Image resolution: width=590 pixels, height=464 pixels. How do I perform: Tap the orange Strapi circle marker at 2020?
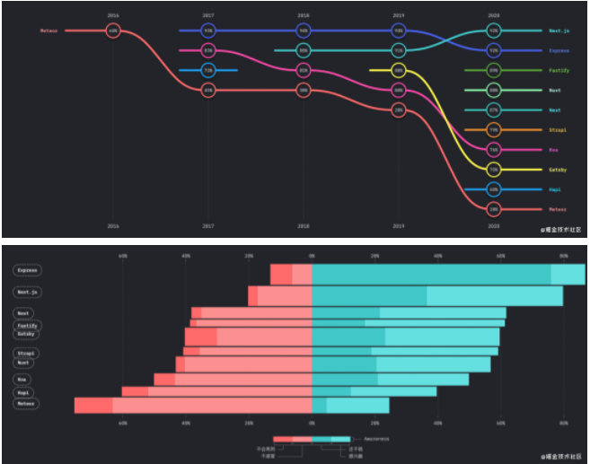click(x=494, y=129)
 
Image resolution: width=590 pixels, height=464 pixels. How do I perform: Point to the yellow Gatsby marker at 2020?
click(x=494, y=169)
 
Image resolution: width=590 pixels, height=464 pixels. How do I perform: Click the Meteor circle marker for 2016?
click(x=113, y=31)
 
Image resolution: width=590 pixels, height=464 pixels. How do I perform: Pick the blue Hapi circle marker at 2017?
click(x=208, y=70)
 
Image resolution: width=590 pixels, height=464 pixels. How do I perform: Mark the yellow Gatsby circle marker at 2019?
click(x=399, y=70)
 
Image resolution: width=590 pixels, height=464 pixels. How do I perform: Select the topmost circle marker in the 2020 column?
click(x=494, y=31)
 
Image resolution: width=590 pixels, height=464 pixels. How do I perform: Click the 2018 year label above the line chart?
click(x=304, y=15)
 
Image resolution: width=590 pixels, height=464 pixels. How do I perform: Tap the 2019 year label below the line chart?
click(x=399, y=225)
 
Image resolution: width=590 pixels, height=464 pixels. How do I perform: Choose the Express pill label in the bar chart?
click(x=28, y=270)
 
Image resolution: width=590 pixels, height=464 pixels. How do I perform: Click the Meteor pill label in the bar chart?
click(x=26, y=404)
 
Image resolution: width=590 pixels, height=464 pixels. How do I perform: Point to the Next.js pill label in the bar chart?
click(x=28, y=292)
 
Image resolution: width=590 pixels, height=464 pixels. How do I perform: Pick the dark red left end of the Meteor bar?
click(x=93, y=406)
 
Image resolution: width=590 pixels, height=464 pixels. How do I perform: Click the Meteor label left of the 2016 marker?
click(x=48, y=31)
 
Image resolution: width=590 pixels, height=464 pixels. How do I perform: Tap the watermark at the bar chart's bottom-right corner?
click(x=561, y=457)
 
